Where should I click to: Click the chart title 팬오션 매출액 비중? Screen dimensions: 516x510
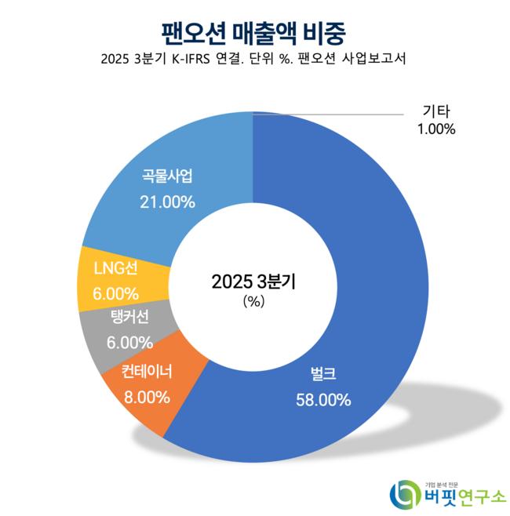[x=254, y=32]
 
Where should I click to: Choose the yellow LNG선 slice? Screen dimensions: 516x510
[x=110, y=281]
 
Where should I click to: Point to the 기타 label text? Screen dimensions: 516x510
[x=436, y=111]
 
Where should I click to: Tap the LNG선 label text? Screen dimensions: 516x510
[x=115, y=269]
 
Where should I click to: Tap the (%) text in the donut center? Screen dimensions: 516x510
[x=254, y=300]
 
